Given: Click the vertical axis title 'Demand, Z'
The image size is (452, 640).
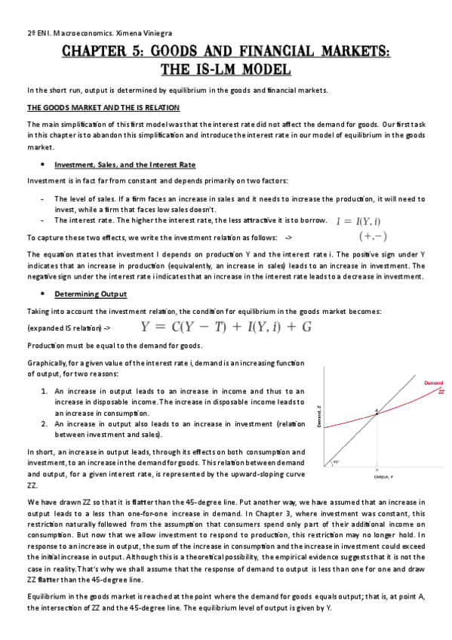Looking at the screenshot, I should tap(319, 417).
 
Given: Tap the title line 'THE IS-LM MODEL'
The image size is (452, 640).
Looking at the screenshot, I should tap(226, 69).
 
